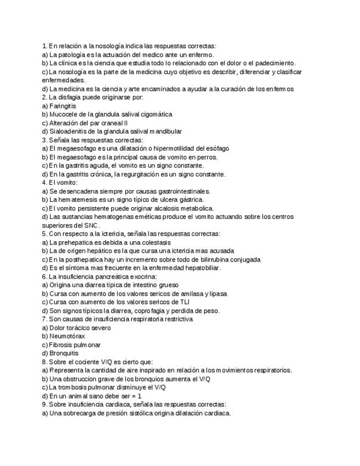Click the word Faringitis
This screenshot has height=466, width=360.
click(x=63, y=106)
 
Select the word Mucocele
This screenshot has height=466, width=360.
click(x=65, y=114)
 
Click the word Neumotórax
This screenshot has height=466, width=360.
click(x=68, y=336)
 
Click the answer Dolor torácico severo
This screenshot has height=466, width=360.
click(x=80, y=328)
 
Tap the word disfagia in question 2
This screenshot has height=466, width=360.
click(x=69, y=97)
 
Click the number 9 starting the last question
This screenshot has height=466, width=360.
click(x=44, y=404)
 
